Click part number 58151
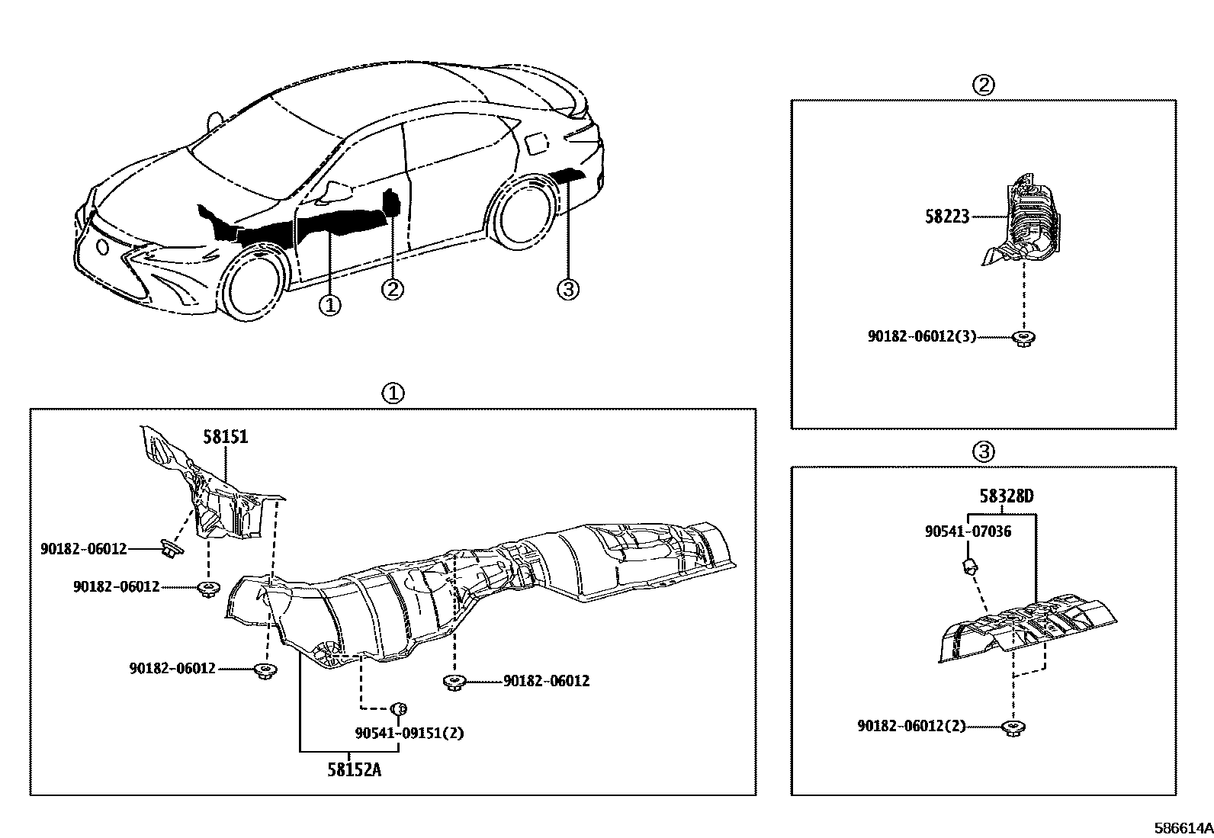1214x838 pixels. click(x=225, y=437)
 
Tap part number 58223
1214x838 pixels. click(x=947, y=217)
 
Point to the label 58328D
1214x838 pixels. click(x=1007, y=496)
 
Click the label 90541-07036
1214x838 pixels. click(x=968, y=531)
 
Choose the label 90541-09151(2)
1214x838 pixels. click(x=409, y=733)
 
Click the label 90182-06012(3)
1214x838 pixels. click(x=921, y=336)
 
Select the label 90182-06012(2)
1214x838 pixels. click(x=910, y=726)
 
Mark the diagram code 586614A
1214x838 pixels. click(x=1181, y=828)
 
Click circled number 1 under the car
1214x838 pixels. click(x=329, y=305)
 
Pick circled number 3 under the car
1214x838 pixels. click(x=568, y=289)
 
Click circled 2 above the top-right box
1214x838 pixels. click(x=983, y=84)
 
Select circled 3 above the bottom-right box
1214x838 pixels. click(x=983, y=452)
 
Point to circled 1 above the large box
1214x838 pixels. click(x=392, y=393)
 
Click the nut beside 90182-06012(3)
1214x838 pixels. click(x=1023, y=338)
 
